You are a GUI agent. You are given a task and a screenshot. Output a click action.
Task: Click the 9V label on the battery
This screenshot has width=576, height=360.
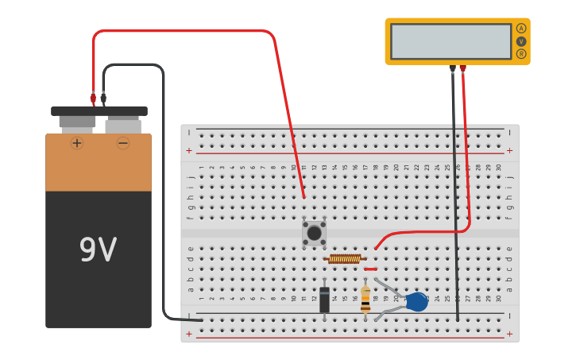click(x=98, y=250)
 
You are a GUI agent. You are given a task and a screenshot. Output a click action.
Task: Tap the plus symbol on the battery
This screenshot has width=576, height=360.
click(x=77, y=143)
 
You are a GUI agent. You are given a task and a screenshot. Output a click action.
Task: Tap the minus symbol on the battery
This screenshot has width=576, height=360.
click(x=123, y=143)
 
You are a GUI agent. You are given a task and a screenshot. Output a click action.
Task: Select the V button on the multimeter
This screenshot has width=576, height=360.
click(x=521, y=41)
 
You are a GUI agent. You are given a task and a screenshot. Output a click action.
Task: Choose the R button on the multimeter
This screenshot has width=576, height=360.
click(x=521, y=54)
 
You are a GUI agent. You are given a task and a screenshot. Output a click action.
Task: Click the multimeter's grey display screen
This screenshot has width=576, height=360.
click(x=450, y=41)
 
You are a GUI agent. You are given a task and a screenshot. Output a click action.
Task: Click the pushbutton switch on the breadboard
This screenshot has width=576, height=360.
click(x=314, y=233)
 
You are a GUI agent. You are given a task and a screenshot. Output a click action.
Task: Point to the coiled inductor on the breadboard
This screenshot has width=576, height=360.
click(x=345, y=258)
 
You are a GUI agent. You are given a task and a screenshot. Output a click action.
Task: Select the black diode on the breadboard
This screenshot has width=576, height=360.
click(x=324, y=300)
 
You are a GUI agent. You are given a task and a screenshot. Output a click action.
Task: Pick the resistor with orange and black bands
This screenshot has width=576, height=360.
click(x=365, y=300)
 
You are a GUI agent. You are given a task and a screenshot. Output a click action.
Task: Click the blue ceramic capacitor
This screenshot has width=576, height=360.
click(x=416, y=302)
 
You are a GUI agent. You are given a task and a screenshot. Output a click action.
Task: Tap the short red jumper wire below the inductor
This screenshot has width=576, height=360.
click(x=370, y=269)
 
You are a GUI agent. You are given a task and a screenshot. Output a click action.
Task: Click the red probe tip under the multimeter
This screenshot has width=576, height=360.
click(x=463, y=69)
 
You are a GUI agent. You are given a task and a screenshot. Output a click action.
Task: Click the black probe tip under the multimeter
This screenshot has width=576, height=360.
click(x=453, y=69)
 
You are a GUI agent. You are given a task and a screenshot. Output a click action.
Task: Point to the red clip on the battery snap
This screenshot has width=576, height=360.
click(x=93, y=99)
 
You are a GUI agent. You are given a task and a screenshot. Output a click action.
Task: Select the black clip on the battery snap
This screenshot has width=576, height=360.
click(x=103, y=99)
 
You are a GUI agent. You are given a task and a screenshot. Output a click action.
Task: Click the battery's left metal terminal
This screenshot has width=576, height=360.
click(x=77, y=122)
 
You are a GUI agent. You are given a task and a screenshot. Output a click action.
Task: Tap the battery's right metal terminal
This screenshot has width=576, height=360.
click(x=123, y=126)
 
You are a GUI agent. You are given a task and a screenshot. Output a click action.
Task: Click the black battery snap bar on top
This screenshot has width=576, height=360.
click(x=99, y=111)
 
